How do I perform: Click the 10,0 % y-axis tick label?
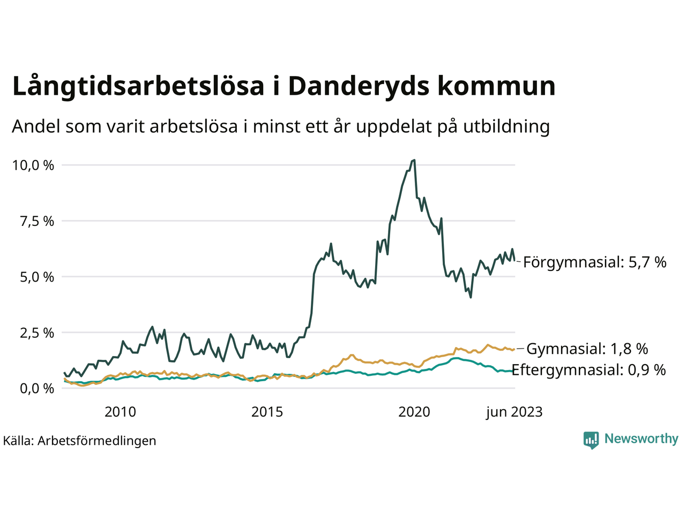[x=33, y=165]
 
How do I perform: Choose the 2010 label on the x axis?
[x=120, y=412]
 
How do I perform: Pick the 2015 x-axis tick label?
[x=267, y=412]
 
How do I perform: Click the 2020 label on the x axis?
[x=414, y=412]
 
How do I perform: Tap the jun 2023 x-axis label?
[x=514, y=412]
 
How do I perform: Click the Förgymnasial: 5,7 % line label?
[x=594, y=262]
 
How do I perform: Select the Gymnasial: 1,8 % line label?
[x=587, y=349]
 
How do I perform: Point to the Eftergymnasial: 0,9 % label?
[x=588, y=370]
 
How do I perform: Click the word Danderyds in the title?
[x=359, y=87]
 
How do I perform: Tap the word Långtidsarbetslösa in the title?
[x=138, y=87]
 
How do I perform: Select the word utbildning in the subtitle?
[x=506, y=126]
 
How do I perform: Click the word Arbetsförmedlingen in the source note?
[x=96, y=441]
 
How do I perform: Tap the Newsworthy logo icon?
[x=591, y=440]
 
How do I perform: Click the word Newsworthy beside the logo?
[x=641, y=439]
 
